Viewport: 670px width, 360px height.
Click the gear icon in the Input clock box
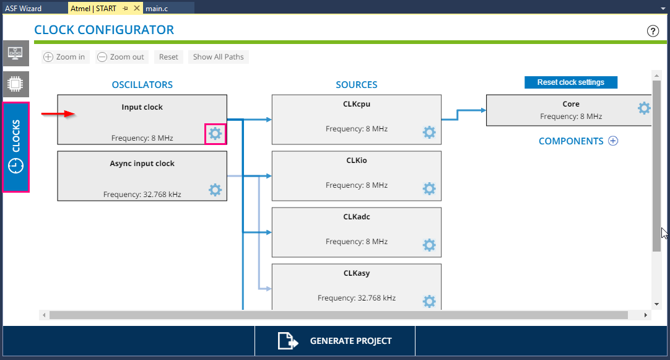pyautogui.click(x=215, y=134)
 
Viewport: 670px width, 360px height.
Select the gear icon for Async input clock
pyautogui.click(x=215, y=190)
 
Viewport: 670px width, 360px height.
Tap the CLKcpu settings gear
pyautogui.click(x=430, y=132)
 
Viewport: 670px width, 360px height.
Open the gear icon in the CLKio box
pyautogui.click(x=430, y=188)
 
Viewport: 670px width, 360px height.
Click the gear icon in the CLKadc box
pyautogui.click(x=430, y=245)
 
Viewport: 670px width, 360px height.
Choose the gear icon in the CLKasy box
pyautogui.click(x=430, y=301)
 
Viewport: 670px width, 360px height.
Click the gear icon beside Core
pyautogui.click(x=645, y=108)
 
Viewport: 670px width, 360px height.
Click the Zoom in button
pyautogui.click(x=66, y=57)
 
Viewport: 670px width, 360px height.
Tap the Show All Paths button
pyautogui.click(x=219, y=57)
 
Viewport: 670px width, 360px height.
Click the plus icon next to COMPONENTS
pyautogui.click(x=613, y=141)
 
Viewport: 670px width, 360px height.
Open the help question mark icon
pyautogui.click(x=653, y=31)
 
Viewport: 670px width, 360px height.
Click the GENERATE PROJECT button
pyautogui.click(x=335, y=341)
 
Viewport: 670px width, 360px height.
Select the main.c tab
pyautogui.click(x=157, y=8)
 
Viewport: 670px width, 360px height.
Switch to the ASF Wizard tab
pyautogui.click(x=23, y=8)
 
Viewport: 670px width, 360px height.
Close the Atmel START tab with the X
pyautogui.click(x=137, y=8)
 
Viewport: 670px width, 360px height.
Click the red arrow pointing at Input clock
pyautogui.click(x=58, y=114)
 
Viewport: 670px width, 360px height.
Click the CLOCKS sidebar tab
pyautogui.click(x=16, y=147)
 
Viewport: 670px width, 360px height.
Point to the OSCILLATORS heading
pyautogui.click(x=142, y=85)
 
